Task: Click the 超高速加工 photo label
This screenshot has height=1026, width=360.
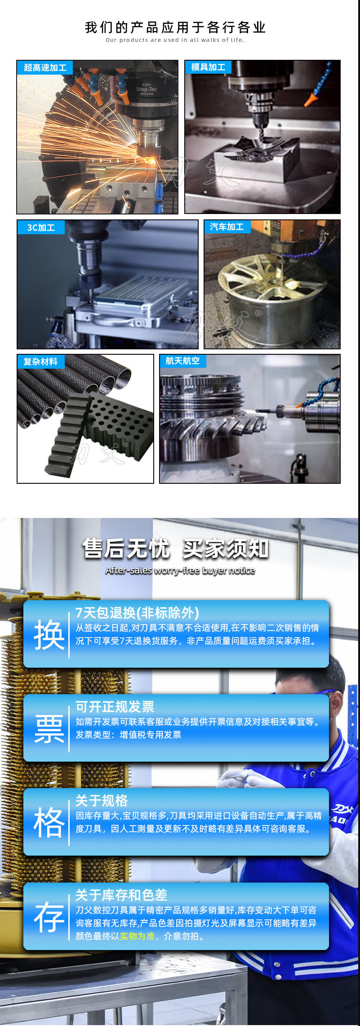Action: tap(45, 68)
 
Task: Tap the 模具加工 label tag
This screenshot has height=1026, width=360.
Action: tap(208, 67)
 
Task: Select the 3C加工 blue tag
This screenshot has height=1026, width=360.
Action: tap(41, 228)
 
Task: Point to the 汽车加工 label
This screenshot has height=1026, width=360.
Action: tap(227, 227)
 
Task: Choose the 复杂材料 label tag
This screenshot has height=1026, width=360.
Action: tap(40, 361)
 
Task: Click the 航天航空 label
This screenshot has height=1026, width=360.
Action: tap(183, 361)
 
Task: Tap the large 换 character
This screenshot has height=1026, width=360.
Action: tap(49, 635)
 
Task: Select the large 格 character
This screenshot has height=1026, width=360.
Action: tap(49, 823)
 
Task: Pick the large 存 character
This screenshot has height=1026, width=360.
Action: tap(49, 917)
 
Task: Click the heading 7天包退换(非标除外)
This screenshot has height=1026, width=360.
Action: tap(137, 612)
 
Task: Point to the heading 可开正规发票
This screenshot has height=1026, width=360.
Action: tap(115, 706)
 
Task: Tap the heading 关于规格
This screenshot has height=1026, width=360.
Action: tap(102, 800)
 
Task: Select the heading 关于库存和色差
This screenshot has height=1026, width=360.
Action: tap(121, 895)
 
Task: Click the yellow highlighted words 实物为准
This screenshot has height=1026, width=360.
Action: tap(137, 936)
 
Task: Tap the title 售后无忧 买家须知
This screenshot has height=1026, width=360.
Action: tap(175, 549)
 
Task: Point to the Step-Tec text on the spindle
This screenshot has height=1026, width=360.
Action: tap(147, 89)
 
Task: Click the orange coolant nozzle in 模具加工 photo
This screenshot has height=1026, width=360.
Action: tap(310, 98)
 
